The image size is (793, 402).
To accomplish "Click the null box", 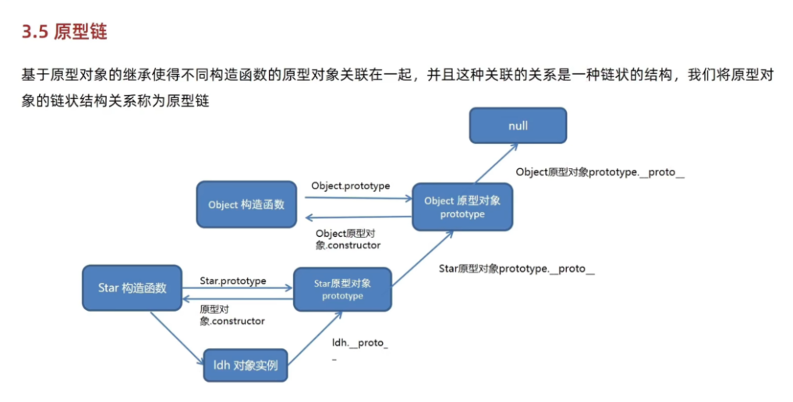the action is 518,125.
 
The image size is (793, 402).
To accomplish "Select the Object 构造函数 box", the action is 246,205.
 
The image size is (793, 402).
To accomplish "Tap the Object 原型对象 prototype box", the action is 462,207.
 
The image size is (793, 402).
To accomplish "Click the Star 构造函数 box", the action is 132,287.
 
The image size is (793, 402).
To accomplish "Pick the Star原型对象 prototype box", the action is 342,289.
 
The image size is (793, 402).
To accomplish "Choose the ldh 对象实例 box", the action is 246,365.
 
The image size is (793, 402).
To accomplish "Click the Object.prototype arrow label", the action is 350,186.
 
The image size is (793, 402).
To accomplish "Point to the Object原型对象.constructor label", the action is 348,239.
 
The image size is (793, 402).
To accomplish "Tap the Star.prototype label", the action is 232,280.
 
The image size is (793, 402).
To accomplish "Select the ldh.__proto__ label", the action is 360,348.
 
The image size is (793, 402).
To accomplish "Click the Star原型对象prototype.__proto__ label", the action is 516,269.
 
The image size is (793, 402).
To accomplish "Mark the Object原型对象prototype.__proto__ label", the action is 600,172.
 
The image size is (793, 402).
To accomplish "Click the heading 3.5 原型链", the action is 64,32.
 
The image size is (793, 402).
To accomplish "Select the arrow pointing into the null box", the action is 496,163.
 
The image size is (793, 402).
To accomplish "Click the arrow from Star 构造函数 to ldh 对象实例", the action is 177,338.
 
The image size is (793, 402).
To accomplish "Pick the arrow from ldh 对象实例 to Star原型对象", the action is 315,338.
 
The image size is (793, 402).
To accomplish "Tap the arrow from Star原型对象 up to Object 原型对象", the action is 423,259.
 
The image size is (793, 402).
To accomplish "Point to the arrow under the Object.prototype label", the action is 359,198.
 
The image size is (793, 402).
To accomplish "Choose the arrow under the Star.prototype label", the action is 237,288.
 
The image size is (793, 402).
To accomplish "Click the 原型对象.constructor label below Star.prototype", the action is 232,316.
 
